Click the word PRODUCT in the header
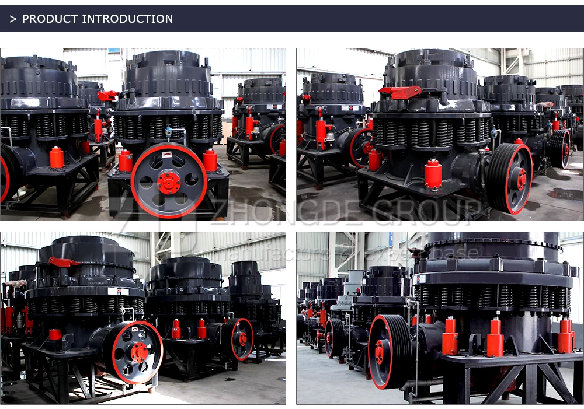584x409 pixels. [50, 19]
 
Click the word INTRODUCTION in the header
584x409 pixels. [127, 19]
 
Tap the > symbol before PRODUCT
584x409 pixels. [13, 19]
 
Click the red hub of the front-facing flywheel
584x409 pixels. [169, 183]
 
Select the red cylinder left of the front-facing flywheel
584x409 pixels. [125, 160]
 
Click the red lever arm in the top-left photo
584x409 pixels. [107, 95]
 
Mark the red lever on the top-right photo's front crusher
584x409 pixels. [401, 91]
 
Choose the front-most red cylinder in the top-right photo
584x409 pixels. [433, 174]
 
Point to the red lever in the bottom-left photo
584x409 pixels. [62, 262]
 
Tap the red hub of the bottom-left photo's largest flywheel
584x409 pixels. [139, 351]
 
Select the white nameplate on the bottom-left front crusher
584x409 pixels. [118, 291]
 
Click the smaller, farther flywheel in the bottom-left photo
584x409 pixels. [241, 339]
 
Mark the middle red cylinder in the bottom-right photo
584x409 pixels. [495, 337]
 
